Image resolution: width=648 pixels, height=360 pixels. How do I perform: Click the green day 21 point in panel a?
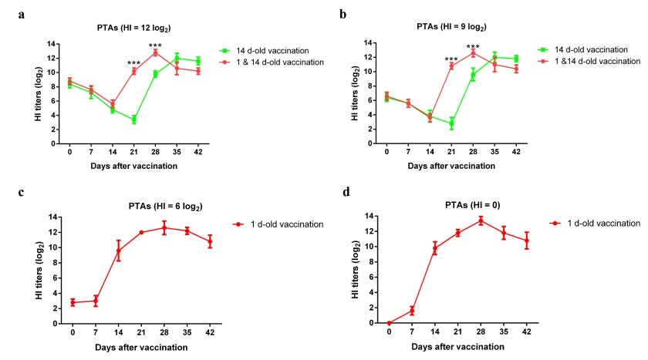tap(133, 119)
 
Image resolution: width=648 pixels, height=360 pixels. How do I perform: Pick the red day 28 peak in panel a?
tap(155, 52)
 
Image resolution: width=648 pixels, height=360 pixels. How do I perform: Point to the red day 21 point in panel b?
tap(451, 66)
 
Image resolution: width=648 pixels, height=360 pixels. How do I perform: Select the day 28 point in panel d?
tap(481, 220)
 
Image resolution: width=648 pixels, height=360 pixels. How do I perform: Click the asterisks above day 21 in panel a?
tap(133, 63)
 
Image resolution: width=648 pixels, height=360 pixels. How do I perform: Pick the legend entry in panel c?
tap(278, 224)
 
